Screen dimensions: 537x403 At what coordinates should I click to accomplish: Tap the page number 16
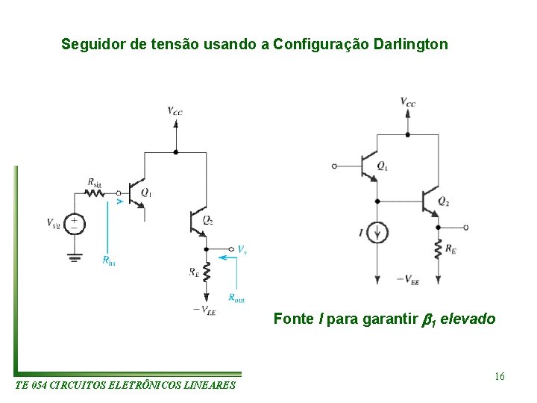pos(499,376)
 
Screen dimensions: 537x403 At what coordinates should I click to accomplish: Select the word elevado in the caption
pos(468,319)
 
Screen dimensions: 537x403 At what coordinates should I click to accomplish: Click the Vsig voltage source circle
pos(75,223)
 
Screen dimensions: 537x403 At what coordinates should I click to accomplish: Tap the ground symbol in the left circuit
pos(75,257)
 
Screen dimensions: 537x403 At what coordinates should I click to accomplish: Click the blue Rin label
pos(109,260)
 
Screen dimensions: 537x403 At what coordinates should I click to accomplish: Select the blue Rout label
pos(236,299)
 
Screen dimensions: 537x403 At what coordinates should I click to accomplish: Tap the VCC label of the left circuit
pos(175,111)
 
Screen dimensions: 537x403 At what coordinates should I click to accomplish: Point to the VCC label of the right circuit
pos(408,102)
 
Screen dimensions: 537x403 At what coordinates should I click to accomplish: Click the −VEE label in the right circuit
pos(407,280)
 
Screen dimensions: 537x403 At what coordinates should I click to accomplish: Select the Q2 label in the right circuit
pos(444,202)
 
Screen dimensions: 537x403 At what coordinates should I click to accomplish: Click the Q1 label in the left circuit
pos(146,193)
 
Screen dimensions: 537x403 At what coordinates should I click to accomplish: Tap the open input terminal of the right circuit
pos(334,166)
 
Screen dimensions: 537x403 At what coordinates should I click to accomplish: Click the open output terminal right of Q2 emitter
pos(465,227)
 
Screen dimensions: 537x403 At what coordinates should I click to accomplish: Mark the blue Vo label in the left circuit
pos(242,249)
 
